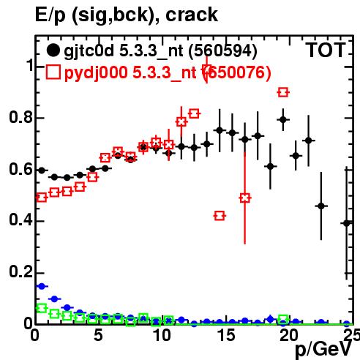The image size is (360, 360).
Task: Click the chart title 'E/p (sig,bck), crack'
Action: click(x=127, y=15)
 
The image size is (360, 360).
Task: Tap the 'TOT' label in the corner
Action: click(x=326, y=50)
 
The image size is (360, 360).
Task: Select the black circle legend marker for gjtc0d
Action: click(x=53, y=50)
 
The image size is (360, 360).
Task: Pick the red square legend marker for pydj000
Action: click(x=53, y=72)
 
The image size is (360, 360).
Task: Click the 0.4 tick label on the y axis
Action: click(x=20, y=220)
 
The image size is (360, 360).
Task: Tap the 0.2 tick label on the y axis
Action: click(x=20, y=271)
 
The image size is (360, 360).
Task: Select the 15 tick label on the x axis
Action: click(x=226, y=335)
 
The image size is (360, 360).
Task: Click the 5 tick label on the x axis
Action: click(x=98, y=335)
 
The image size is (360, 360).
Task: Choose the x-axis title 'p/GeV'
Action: click(x=323, y=350)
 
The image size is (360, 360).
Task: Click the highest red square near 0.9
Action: click(x=283, y=92)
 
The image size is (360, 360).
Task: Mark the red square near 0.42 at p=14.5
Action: click(x=220, y=216)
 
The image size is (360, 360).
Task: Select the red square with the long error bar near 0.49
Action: click(x=245, y=198)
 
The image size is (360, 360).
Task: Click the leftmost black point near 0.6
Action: click(x=42, y=170)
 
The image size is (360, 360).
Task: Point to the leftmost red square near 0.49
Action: click(x=42, y=197)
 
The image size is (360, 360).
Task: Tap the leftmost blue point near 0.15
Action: click(x=42, y=286)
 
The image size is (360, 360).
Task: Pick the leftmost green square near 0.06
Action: click(x=42, y=308)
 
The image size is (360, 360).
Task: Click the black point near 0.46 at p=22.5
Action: click(x=321, y=206)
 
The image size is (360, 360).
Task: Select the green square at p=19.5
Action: click(x=283, y=318)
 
